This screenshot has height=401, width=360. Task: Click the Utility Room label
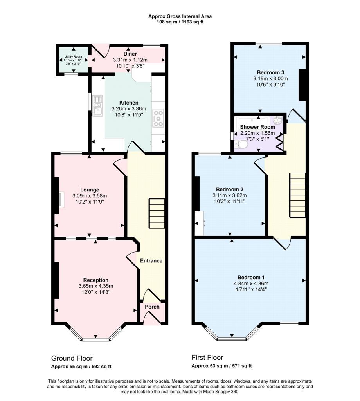[73, 56]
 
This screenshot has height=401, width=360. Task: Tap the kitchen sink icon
[97, 106]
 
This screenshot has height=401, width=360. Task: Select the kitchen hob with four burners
[158, 118]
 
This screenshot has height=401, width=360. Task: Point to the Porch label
[152, 307]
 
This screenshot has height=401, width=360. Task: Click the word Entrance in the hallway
[151, 260]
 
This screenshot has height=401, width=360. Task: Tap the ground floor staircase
[157, 214]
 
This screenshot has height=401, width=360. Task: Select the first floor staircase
[297, 195]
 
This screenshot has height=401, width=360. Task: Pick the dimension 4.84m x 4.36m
[251, 284]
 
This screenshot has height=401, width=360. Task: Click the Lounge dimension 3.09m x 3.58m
[90, 196]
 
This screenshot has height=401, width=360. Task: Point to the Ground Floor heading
[72, 358]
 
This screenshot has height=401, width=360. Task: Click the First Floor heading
[207, 357]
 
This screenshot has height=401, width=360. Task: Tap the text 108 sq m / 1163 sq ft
[180, 22]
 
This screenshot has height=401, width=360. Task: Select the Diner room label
[130, 54]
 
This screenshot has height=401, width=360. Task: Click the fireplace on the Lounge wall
[59, 199]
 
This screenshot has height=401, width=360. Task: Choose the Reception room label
[96, 280]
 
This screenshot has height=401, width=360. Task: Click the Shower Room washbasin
[277, 120]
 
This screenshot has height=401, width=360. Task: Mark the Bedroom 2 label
[230, 190]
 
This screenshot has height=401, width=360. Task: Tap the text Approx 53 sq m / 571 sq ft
[222, 366]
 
